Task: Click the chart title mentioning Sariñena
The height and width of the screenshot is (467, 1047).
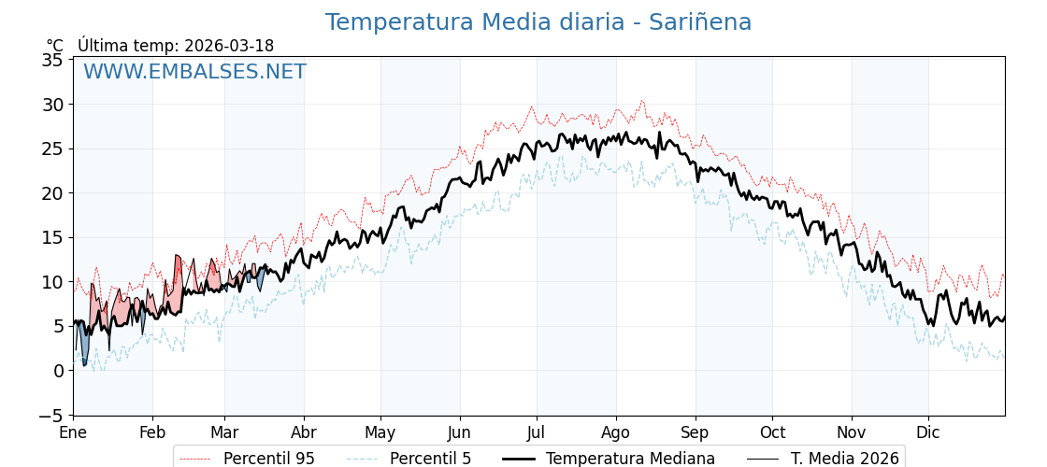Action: pos(538,22)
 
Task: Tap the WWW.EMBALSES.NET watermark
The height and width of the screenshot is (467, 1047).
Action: pos(194,72)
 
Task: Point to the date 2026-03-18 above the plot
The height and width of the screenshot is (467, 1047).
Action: pos(229,46)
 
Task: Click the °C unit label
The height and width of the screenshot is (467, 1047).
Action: pos(55,46)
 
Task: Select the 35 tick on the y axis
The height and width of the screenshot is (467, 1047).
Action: pos(53,60)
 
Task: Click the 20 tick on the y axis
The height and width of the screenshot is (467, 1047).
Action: pos(53,193)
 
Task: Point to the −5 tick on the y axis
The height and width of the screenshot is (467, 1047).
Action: pos(53,416)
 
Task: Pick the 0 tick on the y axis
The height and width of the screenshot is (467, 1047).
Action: pos(58,371)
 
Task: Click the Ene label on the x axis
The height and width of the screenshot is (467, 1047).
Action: pos(73,432)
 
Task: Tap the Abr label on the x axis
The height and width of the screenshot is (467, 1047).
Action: pos(304,432)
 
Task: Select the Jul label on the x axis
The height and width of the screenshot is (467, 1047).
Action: pos(537,432)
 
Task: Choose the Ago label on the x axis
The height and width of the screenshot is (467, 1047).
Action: pos(616,432)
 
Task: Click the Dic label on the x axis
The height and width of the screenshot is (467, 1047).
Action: pos(928,432)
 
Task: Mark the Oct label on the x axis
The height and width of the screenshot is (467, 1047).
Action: pos(772,432)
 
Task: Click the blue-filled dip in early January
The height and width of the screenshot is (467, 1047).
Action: pos(84,349)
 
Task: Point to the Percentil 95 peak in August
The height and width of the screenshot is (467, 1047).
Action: pos(641,101)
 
